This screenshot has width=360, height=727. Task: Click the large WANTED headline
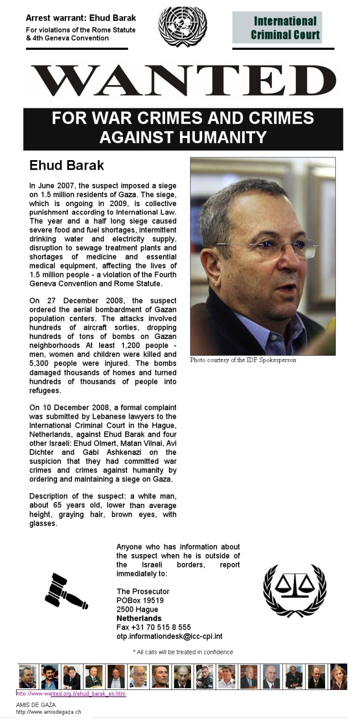coord(183,81)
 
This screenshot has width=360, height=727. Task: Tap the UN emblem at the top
coord(183,27)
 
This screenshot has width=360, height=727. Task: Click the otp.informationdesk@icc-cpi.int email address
coord(169,637)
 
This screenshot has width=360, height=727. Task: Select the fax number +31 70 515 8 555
coord(153,627)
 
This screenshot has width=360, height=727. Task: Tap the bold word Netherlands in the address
coord(139,618)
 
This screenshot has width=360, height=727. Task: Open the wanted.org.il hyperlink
coord(71,694)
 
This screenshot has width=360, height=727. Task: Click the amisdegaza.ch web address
coord(48,711)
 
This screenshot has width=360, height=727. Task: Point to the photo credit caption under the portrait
coord(243,360)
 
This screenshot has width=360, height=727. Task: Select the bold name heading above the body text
coord(66,166)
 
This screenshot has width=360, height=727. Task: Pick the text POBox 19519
coord(140,601)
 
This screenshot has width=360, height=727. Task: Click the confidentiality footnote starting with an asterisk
coord(183,652)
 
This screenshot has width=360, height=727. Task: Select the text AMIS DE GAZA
coord(36,705)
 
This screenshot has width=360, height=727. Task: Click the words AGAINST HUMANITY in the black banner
coord(183,137)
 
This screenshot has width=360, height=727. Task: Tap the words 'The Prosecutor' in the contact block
coord(143,592)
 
